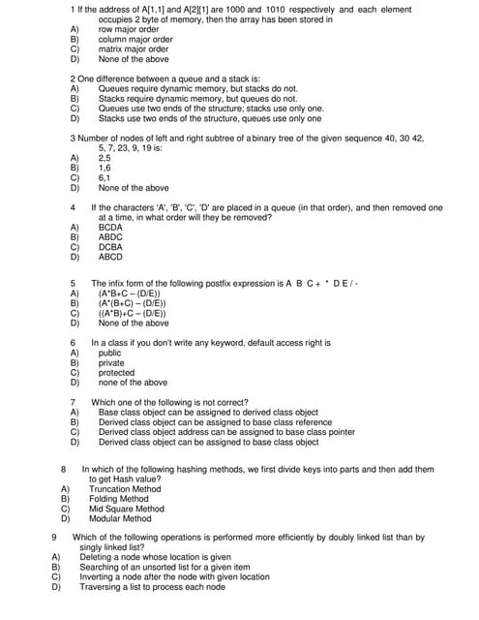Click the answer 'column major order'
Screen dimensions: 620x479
pyautogui.click(x=135, y=40)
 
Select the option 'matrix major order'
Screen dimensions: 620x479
pyautogui.click(x=134, y=49)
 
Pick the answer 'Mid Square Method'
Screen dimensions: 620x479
pyautogui.click(x=127, y=509)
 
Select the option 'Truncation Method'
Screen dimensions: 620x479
pyautogui.click(x=125, y=489)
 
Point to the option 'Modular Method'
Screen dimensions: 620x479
pyautogui.click(x=120, y=518)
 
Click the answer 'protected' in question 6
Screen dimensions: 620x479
pyautogui.click(x=117, y=373)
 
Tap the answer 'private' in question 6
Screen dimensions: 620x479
pyautogui.click(x=111, y=363)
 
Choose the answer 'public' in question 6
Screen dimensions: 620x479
pyautogui.click(x=110, y=354)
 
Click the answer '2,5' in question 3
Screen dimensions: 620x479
pyautogui.click(x=105, y=158)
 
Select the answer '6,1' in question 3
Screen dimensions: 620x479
pyautogui.click(x=105, y=177)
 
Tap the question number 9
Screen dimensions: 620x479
pyautogui.click(x=53, y=537)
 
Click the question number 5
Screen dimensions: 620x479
pyautogui.click(x=74, y=283)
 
